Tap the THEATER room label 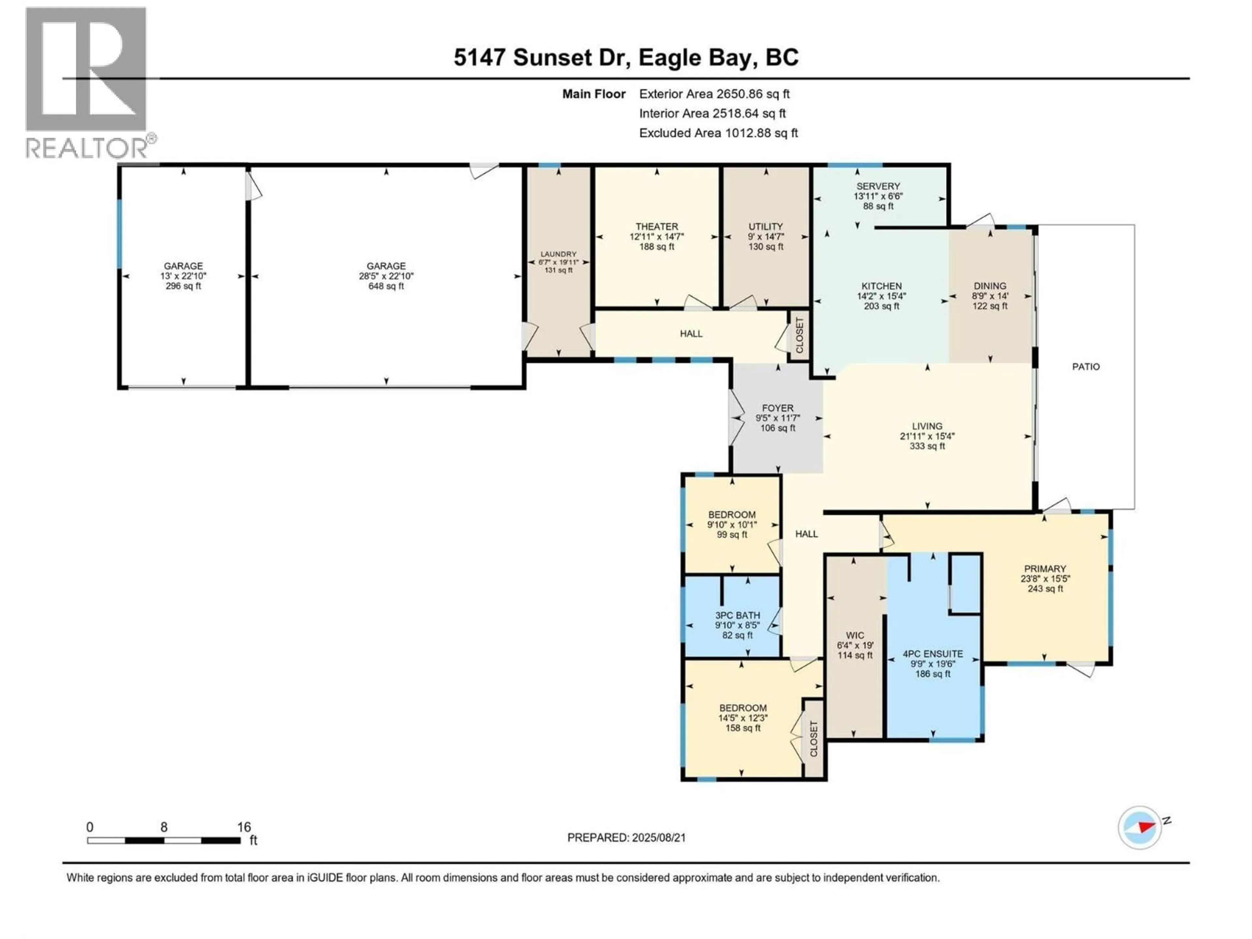click(x=657, y=226)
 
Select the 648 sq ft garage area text click(x=386, y=286)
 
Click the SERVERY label click(x=878, y=186)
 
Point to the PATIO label click(x=1086, y=367)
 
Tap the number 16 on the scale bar click(x=244, y=827)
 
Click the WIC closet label click(x=855, y=636)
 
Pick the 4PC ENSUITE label click(x=933, y=654)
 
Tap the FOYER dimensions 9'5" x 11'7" click(x=778, y=418)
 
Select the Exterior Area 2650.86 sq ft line click(x=714, y=94)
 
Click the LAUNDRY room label click(x=558, y=254)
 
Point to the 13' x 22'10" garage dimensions click(x=183, y=276)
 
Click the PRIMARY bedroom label click(x=1045, y=569)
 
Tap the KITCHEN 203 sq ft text click(x=881, y=306)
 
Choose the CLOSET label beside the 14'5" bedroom click(x=814, y=738)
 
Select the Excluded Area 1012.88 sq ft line click(x=718, y=133)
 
